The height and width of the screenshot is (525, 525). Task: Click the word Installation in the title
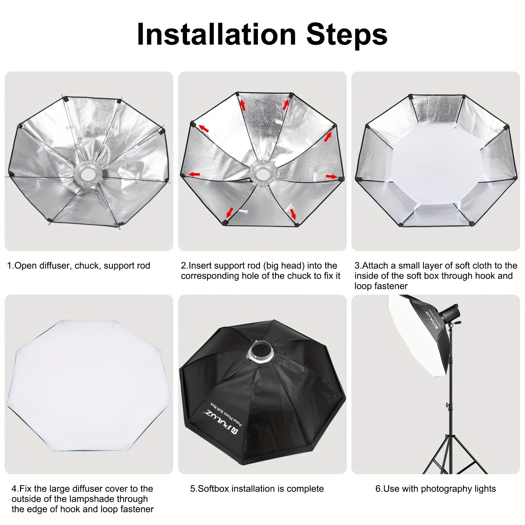tap(216, 34)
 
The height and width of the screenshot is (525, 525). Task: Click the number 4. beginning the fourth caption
tap(15, 489)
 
